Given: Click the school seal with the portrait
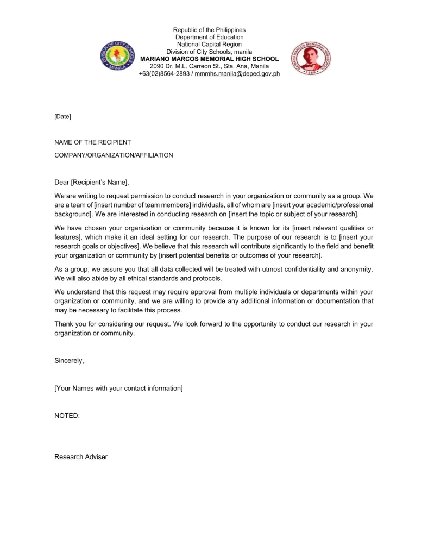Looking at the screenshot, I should click(310, 58).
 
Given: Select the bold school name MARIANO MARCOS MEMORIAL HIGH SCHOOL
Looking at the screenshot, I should click(209, 59).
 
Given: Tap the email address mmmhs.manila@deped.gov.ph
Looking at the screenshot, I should click(237, 73).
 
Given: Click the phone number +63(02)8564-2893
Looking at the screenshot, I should click(164, 73).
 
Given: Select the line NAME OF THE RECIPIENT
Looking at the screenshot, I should click(92, 142).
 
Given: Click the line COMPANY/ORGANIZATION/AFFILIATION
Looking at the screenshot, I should click(114, 155).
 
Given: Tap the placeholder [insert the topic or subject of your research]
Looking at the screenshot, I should click(293, 214).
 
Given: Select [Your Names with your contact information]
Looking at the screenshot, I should click(118, 388).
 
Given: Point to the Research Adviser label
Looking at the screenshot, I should click(81, 457).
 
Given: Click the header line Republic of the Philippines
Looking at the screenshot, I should click(209, 30).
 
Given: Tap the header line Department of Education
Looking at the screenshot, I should click(209, 37).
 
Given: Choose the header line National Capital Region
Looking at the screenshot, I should click(209, 44).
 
